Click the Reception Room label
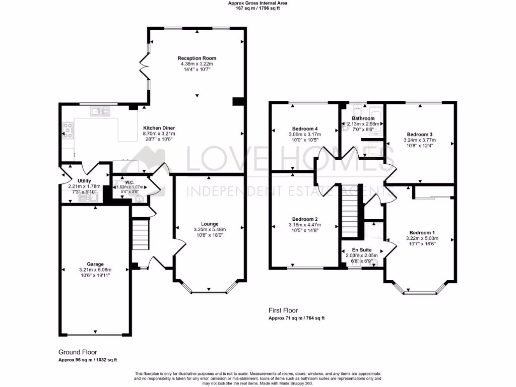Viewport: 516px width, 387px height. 197,58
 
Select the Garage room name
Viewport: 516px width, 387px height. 95,264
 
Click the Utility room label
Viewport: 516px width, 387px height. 84,180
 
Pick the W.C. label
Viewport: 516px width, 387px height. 129,182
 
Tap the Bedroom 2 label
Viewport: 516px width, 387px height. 305,219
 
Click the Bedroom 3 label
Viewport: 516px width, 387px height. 420,134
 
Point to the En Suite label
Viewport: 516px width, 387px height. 361,249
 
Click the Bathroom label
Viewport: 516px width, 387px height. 363,118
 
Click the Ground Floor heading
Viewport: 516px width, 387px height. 78,352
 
